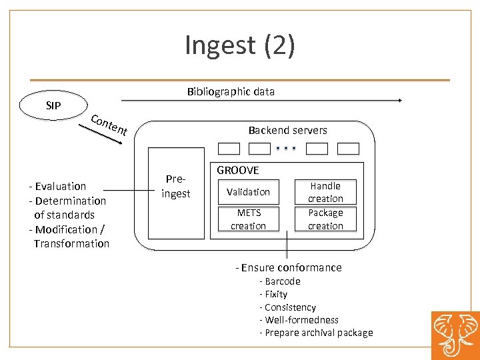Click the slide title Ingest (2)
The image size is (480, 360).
point(239,45)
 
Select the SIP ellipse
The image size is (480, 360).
point(53,105)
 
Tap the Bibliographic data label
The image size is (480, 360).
point(231,91)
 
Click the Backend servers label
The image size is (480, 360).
point(287,130)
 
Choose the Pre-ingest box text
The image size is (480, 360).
point(176,187)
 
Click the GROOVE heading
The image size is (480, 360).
point(238,171)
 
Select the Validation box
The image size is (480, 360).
point(248,192)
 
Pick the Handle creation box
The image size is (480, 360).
point(325,192)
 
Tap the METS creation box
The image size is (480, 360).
point(248,219)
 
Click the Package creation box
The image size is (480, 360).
point(325,219)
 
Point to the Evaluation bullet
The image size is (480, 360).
point(57,186)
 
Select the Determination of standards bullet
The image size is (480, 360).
point(67,207)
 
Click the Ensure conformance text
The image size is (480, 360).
point(289,267)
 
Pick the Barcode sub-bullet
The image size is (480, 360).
point(280,281)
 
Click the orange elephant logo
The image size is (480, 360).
point(455,335)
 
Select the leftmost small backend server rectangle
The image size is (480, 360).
point(229,149)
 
